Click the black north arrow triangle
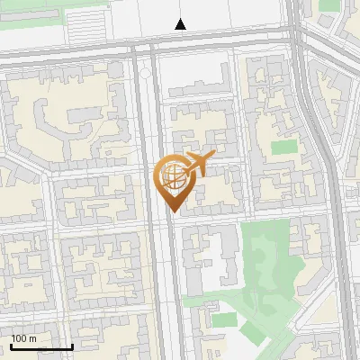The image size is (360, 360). click(181, 24)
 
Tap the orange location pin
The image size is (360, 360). click(173, 180)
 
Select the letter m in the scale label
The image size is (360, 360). click(32, 338)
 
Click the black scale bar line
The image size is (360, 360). click(41, 346)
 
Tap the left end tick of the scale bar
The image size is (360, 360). click(12, 345)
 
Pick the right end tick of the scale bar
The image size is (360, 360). click(72, 345)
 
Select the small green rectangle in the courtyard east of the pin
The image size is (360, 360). click(283, 146)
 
